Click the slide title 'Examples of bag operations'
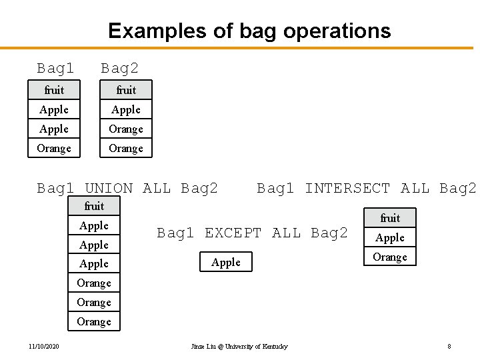click(x=249, y=31)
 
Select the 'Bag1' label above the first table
click(x=55, y=68)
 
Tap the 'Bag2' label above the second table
click(x=119, y=68)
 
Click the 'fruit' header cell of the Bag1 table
click(x=54, y=90)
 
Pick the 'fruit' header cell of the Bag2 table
click(x=126, y=90)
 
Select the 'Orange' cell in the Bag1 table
click(x=54, y=148)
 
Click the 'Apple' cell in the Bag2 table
click(x=126, y=109)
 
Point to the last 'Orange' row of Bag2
click(x=126, y=148)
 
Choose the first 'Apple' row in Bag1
click(x=54, y=109)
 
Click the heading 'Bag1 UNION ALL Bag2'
click(x=127, y=189)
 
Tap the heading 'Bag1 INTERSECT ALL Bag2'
click(x=367, y=189)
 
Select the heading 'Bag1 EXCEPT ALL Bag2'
click(x=252, y=233)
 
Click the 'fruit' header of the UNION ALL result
click(x=94, y=206)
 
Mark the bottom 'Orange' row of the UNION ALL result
click(x=94, y=321)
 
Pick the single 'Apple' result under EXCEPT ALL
click(x=226, y=262)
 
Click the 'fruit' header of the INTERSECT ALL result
click(x=390, y=218)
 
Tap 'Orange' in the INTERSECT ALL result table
click(x=390, y=257)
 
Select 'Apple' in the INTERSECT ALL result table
click(x=390, y=237)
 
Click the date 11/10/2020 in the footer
click(x=43, y=347)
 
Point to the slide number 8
click(x=449, y=347)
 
